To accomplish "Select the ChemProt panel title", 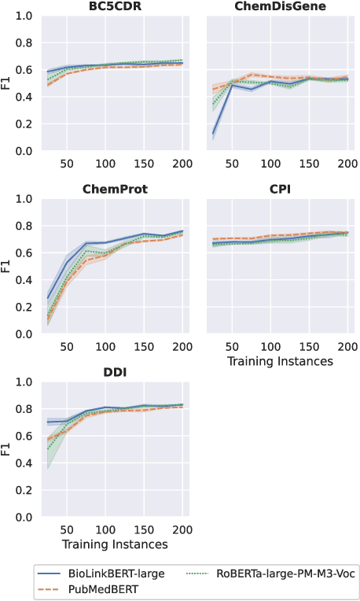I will click(x=115, y=190).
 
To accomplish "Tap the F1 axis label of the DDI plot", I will click(x=7, y=449).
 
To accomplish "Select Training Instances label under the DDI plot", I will click(x=115, y=544).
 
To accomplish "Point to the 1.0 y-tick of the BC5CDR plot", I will click(x=24, y=16).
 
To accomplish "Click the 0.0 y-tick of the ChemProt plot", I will click(x=24, y=334).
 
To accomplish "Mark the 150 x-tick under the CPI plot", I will click(x=308, y=345).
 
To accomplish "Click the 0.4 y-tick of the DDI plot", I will click(x=24, y=463).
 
